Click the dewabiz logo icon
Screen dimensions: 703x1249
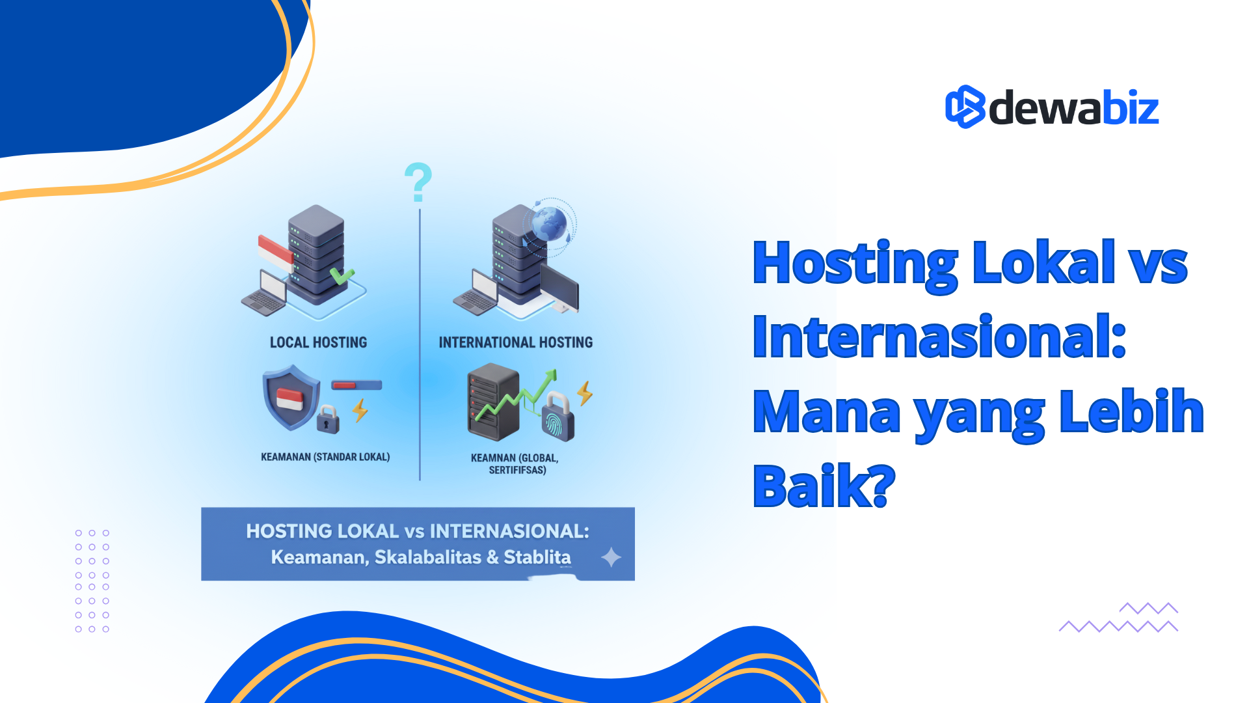(x=965, y=107)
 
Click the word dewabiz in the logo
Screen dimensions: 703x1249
(x=1073, y=108)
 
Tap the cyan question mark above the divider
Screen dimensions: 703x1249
(x=418, y=182)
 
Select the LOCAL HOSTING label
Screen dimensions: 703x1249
(x=318, y=342)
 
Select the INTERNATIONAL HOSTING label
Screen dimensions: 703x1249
(x=515, y=342)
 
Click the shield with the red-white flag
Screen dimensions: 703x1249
(x=290, y=397)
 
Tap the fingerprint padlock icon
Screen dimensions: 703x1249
(x=557, y=418)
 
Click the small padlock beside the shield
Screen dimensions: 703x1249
(x=328, y=420)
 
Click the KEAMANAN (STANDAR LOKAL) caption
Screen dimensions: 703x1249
(x=325, y=457)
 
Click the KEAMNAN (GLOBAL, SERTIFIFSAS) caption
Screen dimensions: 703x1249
(x=515, y=463)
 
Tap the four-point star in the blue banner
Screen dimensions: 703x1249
(x=611, y=557)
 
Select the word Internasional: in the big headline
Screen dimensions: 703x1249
(x=939, y=337)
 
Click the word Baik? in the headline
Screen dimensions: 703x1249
(x=824, y=486)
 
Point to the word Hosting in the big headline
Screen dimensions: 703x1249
(x=855, y=264)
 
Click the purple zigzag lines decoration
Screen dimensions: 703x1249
(x=1119, y=618)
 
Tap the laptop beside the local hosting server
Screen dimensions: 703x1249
(x=265, y=294)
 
